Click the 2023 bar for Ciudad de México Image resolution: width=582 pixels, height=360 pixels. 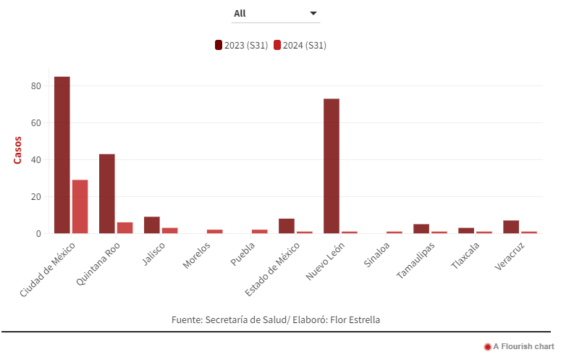pos(62,155)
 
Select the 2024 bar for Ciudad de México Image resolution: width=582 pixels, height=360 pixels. pos(80,206)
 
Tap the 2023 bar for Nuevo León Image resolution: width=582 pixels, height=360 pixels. pos(332,166)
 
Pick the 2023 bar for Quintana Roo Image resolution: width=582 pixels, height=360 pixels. pos(107,193)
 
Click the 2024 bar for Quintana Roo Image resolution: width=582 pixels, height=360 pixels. pos(125,227)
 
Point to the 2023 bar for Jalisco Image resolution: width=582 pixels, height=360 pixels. pos(152,225)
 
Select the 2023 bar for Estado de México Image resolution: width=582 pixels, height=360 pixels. pos(287,226)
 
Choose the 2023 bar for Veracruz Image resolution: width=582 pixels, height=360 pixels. pos(511,227)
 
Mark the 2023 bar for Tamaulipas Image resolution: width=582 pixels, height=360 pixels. pos(421,229)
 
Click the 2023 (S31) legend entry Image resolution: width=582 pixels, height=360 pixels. pos(242,45)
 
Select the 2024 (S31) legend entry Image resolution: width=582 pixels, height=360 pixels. pos(300,45)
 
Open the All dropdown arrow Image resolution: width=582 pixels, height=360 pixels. pos(313,14)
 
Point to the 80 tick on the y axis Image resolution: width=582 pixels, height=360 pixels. pos(36,85)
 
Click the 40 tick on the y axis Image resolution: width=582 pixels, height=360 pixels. pos(36,159)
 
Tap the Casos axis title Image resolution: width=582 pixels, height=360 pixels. pos(18,150)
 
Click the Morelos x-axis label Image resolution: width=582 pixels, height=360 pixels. pos(198,256)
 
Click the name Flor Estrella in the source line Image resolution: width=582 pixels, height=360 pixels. pos(355,319)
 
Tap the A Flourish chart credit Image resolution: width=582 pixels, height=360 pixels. pos(519,347)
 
